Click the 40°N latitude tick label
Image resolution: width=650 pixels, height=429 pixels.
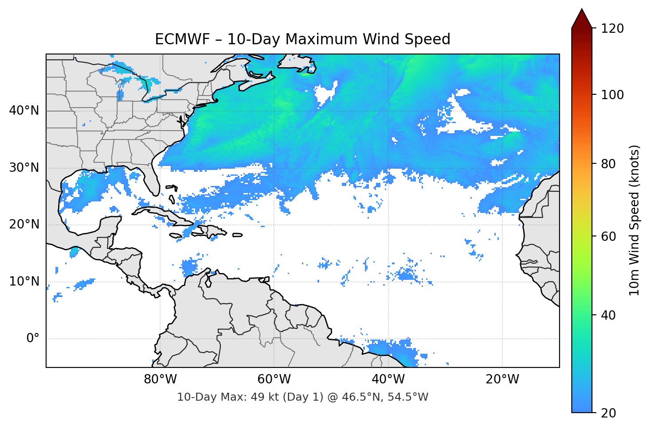point(24,111)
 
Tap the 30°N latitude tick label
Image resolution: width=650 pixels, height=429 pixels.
point(24,168)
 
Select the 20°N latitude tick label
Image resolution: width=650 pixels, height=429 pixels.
point(24,224)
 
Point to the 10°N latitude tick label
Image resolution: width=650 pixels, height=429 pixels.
point(24,282)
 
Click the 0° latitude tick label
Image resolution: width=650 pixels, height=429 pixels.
point(33,339)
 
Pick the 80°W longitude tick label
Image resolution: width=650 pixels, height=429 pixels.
point(160,379)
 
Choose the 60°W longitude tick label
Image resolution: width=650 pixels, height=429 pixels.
point(274,379)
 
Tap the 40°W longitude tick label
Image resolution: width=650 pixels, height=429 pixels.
point(388,379)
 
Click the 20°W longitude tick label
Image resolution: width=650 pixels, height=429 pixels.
point(502,379)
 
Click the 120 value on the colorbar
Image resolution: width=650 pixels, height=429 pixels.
point(612,28)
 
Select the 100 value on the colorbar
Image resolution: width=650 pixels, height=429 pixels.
point(612,95)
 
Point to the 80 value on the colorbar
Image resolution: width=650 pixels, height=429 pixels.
point(609,164)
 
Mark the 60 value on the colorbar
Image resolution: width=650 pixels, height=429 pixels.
point(609,236)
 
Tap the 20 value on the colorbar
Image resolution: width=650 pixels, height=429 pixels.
point(609,413)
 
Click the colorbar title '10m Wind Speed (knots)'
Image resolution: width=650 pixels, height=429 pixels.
point(634,220)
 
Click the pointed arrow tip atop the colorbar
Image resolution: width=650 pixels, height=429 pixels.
point(582,11)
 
